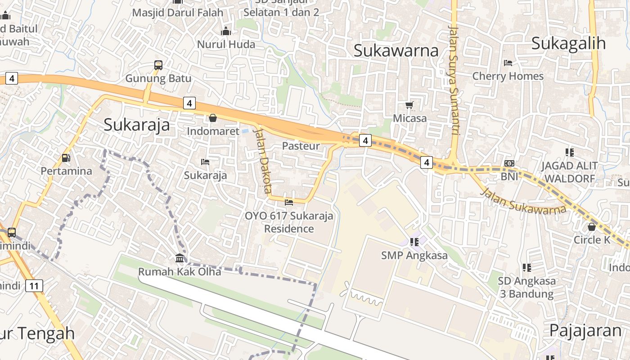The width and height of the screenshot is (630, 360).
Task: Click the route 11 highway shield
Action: click(34, 285)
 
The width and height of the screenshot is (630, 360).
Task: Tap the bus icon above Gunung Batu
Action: click(158, 65)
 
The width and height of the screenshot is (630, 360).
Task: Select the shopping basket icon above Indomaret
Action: click(213, 118)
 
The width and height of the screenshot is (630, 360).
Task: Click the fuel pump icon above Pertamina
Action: click(66, 158)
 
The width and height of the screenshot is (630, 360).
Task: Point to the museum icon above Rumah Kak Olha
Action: click(180, 258)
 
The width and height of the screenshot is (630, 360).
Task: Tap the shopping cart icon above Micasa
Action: click(409, 105)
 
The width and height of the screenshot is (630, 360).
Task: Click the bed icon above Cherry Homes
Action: click(508, 63)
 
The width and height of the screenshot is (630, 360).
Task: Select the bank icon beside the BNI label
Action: click(509, 163)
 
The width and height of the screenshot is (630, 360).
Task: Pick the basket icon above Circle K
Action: click(592, 227)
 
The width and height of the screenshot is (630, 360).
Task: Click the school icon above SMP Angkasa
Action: click(414, 242)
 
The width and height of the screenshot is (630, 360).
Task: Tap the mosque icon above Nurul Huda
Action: click(226, 31)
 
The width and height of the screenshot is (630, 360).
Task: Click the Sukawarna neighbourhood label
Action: click(396, 50)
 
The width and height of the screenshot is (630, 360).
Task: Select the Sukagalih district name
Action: click(568, 43)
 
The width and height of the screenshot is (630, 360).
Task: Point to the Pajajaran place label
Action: click(585, 330)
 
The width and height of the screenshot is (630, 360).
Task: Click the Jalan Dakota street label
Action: click(262, 160)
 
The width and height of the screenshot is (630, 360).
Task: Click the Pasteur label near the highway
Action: click(301, 146)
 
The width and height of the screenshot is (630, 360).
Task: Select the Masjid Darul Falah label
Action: click(178, 13)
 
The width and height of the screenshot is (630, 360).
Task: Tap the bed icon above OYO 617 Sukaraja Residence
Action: click(289, 202)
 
